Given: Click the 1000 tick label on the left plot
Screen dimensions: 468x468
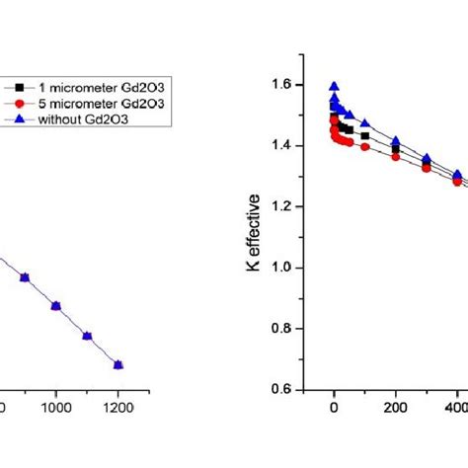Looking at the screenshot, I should click(x=56, y=405).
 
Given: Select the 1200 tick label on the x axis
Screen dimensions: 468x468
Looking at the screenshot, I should click(x=118, y=405).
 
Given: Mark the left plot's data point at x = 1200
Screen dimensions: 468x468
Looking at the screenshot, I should click(x=118, y=364).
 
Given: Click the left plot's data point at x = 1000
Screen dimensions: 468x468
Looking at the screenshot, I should click(x=56, y=306).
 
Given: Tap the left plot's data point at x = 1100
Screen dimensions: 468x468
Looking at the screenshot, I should click(x=88, y=336).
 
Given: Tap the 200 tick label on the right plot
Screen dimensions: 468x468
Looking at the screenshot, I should click(x=396, y=405).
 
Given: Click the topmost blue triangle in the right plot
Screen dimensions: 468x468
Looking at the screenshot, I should click(x=334, y=86).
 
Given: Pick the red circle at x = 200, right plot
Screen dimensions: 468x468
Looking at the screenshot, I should click(x=396, y=156).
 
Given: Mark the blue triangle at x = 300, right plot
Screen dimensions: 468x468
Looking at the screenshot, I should click(x=427, y=158).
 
